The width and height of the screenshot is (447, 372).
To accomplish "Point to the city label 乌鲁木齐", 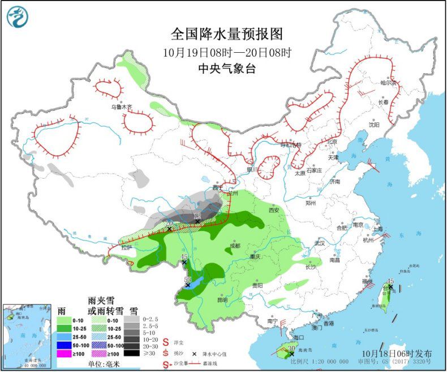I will [x=121, y=107].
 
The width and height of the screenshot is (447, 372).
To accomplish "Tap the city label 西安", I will [x=274, y=209].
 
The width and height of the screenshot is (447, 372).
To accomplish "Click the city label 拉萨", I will [x=126, y=247].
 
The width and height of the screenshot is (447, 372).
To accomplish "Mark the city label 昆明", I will [x=222, y=299].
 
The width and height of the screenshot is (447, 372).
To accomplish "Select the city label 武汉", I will [x=320, y=243].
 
